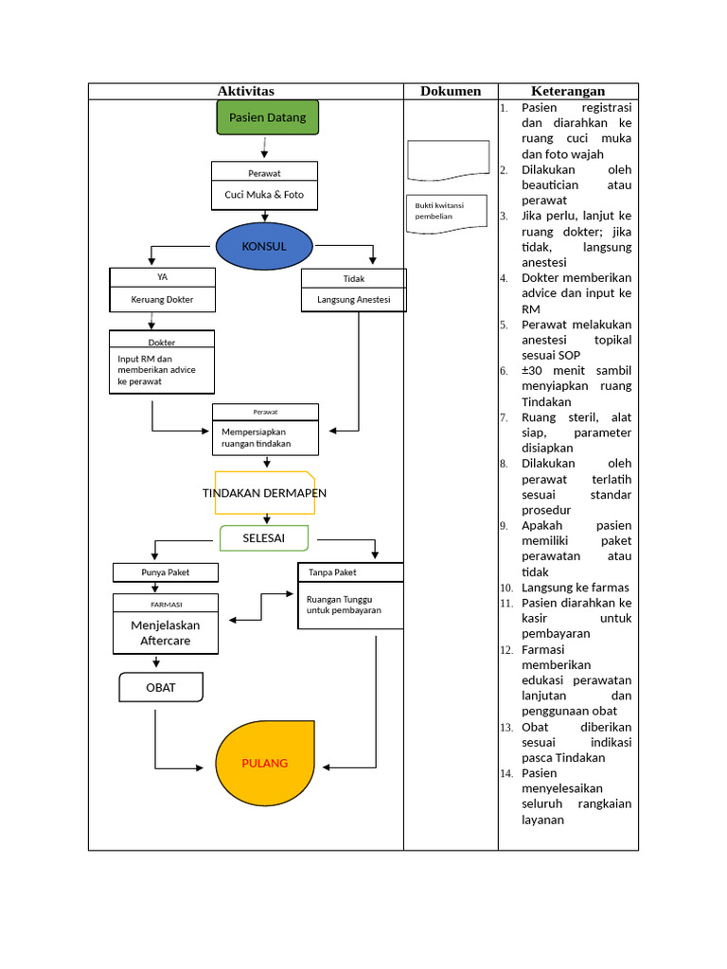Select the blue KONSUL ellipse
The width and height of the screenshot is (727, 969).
[x=264, y=247]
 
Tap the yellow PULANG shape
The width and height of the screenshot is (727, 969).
[x=264, y=763]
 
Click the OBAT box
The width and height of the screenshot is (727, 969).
[x=161, y=688]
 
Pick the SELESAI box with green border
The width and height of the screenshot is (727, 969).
[x=264, y=538]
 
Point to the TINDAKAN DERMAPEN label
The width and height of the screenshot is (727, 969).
[x=264, y=493]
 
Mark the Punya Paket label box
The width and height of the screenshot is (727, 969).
[x=166, y=573]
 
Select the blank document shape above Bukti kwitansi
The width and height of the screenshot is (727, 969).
[x=448, y=159]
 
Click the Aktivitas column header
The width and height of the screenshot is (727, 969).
[x=246, y=91]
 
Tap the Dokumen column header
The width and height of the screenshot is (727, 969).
[x=451, y=91]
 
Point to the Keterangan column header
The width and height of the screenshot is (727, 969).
[x=568, y=91]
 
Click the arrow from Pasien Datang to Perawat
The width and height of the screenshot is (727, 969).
[x=265, y=149]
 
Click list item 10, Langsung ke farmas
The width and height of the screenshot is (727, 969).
[x=575, y=588]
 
